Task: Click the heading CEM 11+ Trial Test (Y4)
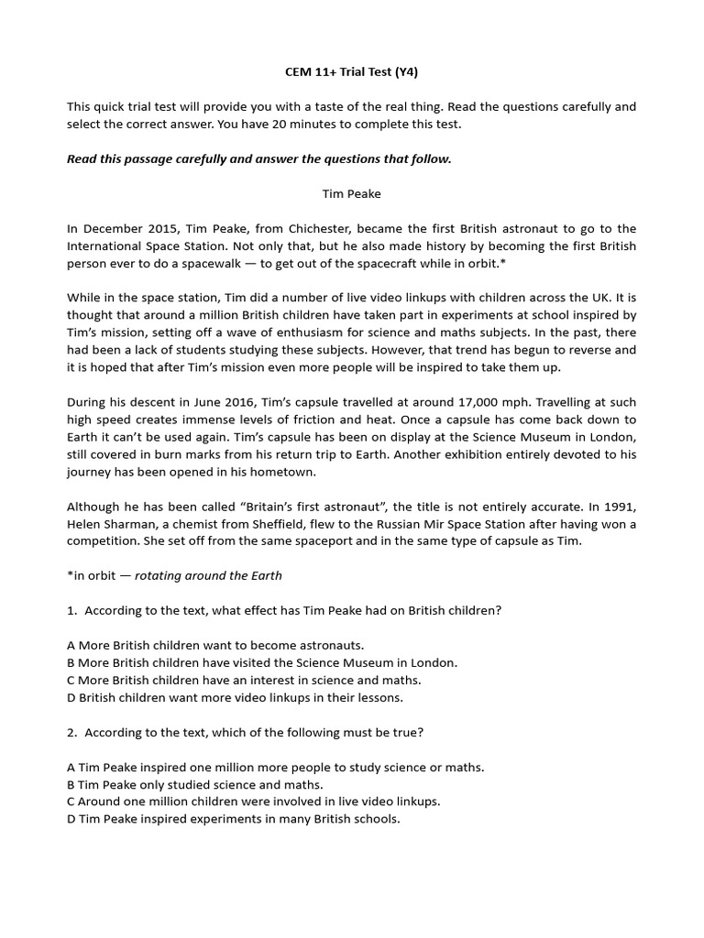[351, 71]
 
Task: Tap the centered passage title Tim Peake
[351, 193]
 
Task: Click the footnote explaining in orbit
[174, 575]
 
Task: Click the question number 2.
[71, 732]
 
